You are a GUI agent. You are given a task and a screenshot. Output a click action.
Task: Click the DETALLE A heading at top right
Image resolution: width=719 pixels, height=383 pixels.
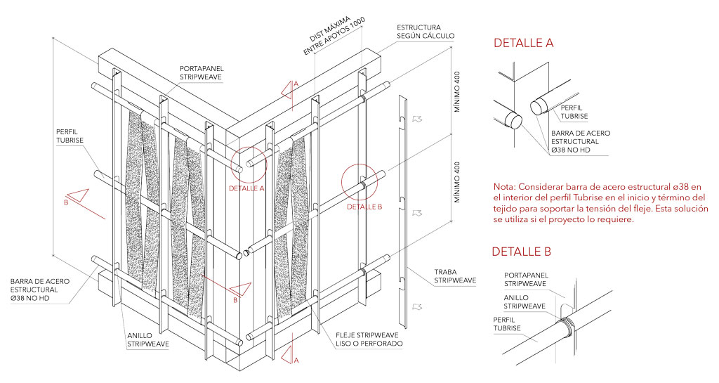523,43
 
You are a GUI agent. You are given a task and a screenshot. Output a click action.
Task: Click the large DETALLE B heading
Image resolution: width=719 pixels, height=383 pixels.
522,252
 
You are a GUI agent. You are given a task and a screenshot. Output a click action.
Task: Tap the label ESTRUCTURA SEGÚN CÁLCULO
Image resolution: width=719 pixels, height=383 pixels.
426,31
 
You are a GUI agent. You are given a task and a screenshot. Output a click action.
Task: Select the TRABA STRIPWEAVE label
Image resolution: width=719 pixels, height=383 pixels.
455,276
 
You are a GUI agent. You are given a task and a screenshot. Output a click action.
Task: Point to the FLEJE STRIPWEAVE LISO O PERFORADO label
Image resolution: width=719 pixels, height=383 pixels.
369,339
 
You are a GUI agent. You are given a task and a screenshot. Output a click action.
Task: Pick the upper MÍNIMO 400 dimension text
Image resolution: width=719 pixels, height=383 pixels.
456,92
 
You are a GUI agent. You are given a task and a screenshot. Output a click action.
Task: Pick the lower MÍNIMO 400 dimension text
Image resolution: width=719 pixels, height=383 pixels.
456,182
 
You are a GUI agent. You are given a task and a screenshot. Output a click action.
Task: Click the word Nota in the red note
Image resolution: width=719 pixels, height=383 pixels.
503,187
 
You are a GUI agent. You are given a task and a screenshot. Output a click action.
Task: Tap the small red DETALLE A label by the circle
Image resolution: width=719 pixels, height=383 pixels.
246,188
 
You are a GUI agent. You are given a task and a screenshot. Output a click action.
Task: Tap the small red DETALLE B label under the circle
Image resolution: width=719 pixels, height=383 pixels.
364,207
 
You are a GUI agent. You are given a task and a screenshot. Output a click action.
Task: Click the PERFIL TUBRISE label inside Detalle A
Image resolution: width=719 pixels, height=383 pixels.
574,112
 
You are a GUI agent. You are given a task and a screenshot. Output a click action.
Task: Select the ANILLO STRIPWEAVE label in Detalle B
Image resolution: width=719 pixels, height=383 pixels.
525,301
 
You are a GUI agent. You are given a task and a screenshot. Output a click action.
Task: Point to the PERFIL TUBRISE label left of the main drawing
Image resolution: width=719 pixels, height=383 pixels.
70,136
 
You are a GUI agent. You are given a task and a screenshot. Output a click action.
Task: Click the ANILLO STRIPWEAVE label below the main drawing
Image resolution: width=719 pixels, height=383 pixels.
148,340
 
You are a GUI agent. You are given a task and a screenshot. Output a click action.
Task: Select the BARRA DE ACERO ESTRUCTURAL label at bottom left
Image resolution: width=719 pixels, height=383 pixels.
40,290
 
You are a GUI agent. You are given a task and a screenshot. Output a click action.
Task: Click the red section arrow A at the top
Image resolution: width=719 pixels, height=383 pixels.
290,91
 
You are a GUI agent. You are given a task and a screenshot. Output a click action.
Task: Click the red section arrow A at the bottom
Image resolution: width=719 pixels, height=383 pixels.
290,354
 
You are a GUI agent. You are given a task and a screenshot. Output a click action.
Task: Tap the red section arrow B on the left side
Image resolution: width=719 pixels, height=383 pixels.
76,196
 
